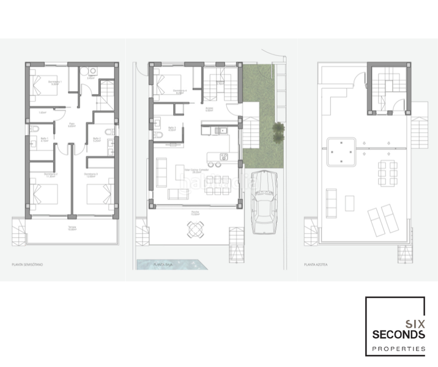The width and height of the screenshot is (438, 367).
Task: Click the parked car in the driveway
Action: click(264, 204)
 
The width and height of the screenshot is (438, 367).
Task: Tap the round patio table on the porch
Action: click(194, 229)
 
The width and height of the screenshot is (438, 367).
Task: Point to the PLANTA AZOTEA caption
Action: click(316, 265)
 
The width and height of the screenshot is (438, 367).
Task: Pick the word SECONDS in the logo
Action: click(398, 335)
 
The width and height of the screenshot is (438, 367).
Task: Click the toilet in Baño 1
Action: click(35, 130)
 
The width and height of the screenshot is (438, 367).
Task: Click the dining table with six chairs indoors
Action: click(214, 182)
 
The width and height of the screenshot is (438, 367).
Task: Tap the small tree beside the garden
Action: click(278, 129)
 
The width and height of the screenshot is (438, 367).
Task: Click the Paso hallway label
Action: click(72, 124)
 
